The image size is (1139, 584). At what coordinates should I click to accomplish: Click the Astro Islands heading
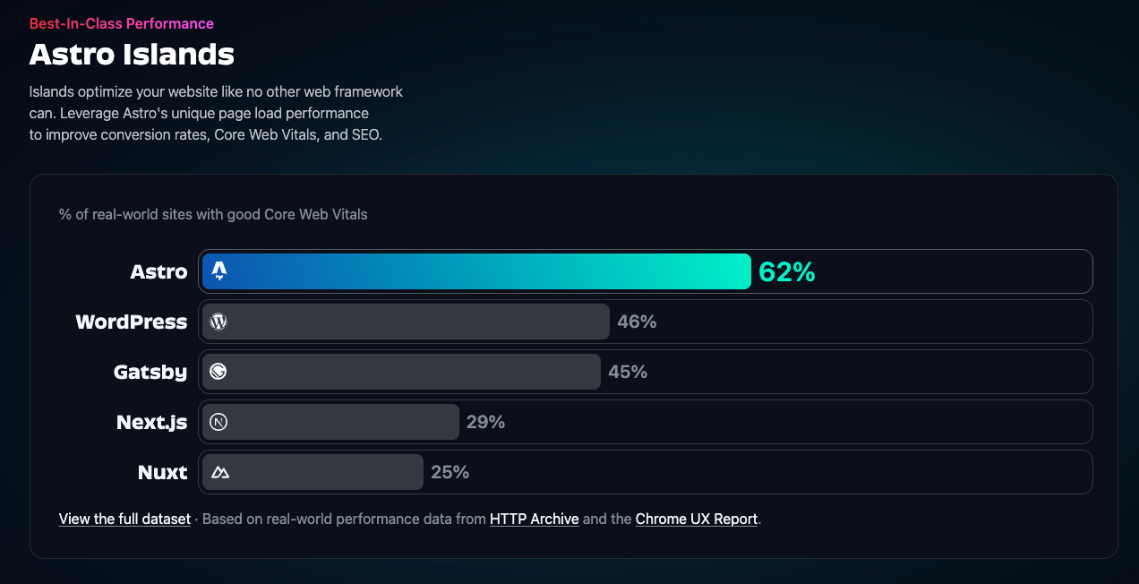point(132,55)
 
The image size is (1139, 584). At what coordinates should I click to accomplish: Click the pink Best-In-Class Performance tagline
point(122,23)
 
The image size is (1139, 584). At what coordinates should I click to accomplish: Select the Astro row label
point(158,272)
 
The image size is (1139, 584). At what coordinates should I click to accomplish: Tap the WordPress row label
point(132,322)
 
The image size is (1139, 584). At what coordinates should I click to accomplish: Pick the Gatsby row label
point(150,372)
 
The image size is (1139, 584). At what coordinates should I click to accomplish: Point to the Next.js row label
point(151,422)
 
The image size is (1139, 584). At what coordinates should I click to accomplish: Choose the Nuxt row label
point(162,472)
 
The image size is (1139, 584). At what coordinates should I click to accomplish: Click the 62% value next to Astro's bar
point(787,272)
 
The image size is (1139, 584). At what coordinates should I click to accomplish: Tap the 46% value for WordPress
point(637,322)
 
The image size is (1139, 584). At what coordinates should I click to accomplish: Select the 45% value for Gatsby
point(628,372)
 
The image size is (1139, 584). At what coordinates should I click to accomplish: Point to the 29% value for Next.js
point(485,422)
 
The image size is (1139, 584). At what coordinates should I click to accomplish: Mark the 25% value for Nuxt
point(450,472)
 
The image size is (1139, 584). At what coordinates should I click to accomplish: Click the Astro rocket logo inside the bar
point(219,271)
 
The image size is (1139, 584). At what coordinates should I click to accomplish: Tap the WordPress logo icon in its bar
point(218,322)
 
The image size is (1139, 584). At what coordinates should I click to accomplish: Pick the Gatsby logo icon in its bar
point(218,372)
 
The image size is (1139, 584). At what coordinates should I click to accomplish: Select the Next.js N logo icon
point(218,422)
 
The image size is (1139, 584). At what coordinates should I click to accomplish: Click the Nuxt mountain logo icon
point(219,472)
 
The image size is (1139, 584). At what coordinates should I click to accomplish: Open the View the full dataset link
point(124,519)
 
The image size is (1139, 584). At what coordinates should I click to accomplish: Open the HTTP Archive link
point(534,519)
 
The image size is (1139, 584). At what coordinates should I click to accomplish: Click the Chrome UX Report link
point(697,519)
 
